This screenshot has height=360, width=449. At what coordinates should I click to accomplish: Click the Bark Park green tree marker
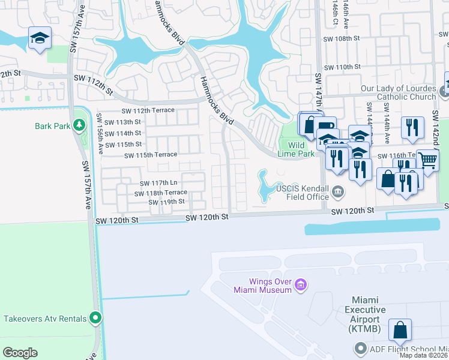pos(79,125)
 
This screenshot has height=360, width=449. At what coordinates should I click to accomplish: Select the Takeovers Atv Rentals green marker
pos(95,317)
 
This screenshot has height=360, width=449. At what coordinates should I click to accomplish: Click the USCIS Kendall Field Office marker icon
pos(338,192)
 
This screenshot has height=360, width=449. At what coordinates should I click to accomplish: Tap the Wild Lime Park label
pos(296,149)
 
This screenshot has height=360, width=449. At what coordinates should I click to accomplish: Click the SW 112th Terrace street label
pos(148,110)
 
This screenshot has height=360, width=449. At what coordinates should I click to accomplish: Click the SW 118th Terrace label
pos(160,193)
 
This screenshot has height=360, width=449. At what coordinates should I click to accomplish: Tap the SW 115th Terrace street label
pos(150,155)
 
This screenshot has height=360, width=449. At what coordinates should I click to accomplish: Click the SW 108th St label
pos(340,38)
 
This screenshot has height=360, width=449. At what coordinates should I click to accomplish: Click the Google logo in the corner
pos(20,352)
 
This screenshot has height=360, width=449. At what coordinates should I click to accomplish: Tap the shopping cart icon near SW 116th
pos(427,160)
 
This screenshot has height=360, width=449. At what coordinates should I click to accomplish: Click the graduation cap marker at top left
pos(40,39)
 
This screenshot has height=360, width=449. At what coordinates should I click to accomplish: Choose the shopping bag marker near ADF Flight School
pos(399,329)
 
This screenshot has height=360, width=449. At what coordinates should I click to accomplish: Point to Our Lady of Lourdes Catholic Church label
pos(399,92)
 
